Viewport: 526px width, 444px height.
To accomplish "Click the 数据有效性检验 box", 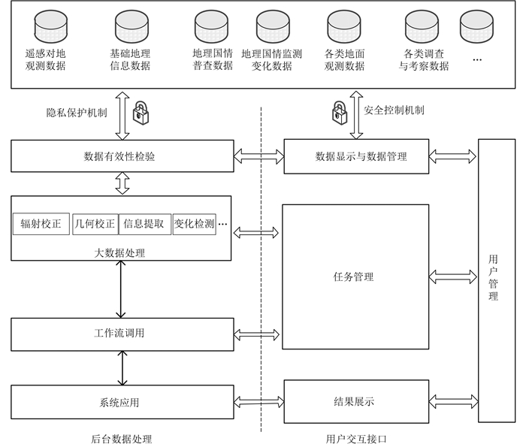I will coord(120,156).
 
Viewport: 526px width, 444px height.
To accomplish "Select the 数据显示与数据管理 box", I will coord(355,156).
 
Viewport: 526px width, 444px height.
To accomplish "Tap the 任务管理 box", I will coord(355,276).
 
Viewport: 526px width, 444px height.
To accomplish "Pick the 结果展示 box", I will coord(355,401).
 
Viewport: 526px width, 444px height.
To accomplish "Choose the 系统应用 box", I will coord(120,402).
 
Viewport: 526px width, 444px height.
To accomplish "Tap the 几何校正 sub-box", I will coord(95,224).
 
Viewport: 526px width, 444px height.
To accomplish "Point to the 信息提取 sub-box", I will coord(144,224).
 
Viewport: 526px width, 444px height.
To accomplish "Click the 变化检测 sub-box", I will coord(194,224).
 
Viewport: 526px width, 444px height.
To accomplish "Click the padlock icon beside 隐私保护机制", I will coord(141,113).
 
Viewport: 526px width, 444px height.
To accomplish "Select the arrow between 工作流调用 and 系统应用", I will coord(121,368).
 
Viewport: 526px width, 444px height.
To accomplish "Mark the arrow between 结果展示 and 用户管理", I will coord(453,401).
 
